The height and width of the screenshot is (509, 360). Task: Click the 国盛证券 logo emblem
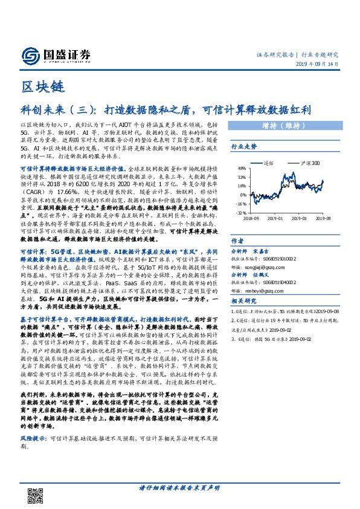click(x=30, y=56)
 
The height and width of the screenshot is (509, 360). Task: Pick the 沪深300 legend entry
click(x=311, y=163)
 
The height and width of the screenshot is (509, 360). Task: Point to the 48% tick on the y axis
click(x=241, y=169)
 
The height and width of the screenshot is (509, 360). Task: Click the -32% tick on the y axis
click(x=240, y=213)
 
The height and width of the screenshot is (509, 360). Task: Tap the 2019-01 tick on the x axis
click(x=275, y=218)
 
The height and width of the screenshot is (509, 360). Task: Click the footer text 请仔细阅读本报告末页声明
click(x=179, y=487)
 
